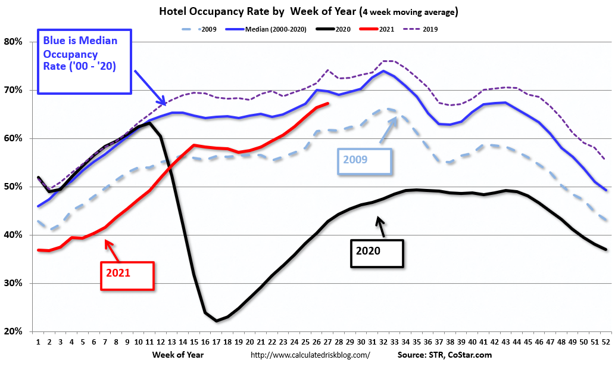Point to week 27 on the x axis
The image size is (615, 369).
tap(328, 343)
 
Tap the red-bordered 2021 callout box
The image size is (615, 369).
tap(127, 276)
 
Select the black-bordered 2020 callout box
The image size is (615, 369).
tap(377, 253)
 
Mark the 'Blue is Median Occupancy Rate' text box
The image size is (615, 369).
tap(84, 61)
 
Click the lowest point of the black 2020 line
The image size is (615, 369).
tap(216, 321)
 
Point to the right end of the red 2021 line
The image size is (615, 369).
tap(328, 103)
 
